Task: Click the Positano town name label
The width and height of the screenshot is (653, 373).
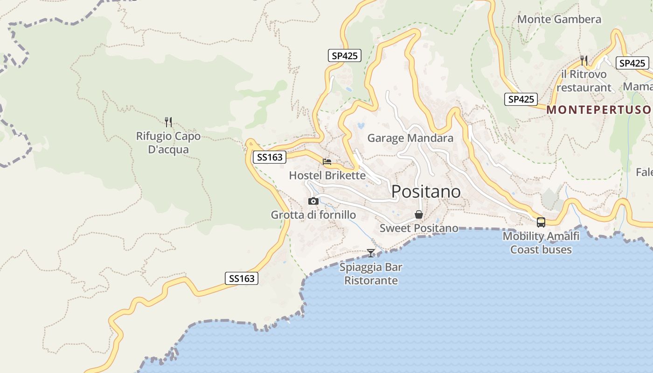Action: click(426, 192)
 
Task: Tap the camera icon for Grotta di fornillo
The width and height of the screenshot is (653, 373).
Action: click(313, 201)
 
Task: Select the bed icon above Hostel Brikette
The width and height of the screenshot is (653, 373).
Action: click(327, 162)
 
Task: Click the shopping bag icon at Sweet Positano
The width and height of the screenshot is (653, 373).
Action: click(419, 214)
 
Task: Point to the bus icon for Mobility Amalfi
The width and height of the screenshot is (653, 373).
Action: click(541, 222)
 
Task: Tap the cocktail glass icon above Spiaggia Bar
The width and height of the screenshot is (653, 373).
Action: click(371, 253)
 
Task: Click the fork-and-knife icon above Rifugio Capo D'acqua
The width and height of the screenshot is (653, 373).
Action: click(168, 122)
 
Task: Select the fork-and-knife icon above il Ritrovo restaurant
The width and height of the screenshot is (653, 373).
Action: click(584, 60)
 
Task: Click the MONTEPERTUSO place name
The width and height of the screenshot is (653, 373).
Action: click(599, 110)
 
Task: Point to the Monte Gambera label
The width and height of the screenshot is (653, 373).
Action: click(559, 20)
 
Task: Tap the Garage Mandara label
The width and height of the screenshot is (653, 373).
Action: click(410, 138)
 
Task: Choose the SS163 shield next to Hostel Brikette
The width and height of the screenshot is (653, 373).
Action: click(270, 157)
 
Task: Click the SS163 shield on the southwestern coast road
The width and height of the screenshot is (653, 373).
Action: click(242, 278)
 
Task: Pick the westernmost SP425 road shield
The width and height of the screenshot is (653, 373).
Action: click(344, 55)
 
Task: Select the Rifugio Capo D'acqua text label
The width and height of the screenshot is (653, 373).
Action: click(168, 143)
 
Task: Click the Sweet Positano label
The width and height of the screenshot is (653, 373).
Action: click(419, 228)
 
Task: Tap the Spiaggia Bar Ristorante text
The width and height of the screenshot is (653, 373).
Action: click(371, 274)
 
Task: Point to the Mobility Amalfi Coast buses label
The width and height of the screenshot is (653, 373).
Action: click(541, 243)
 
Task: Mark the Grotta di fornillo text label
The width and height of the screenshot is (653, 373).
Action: click(313, 215)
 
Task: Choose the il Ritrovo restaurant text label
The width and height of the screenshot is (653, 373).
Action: click(584, 81)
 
